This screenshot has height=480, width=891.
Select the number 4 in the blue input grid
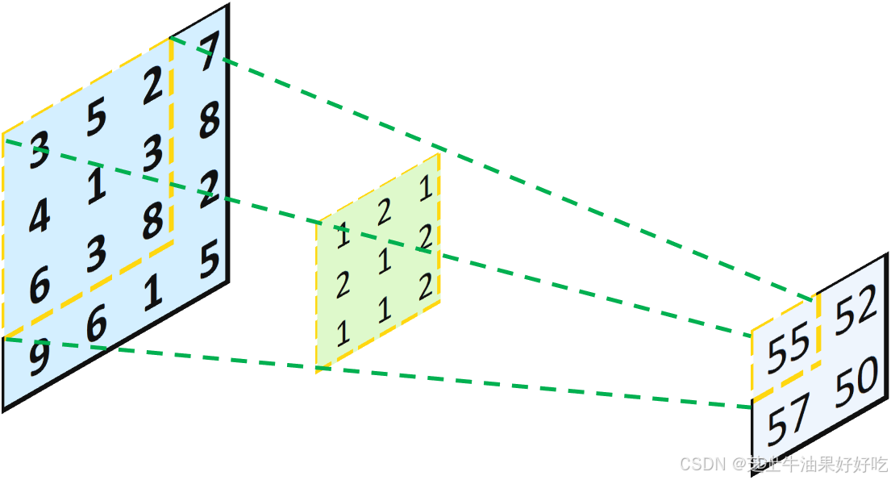pos(40,216)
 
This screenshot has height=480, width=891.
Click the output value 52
pos(855,308)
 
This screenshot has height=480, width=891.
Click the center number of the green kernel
pos(384,261)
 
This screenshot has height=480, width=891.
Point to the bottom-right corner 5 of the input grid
pos(209,261)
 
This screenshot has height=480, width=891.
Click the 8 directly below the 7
pos(209,123)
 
